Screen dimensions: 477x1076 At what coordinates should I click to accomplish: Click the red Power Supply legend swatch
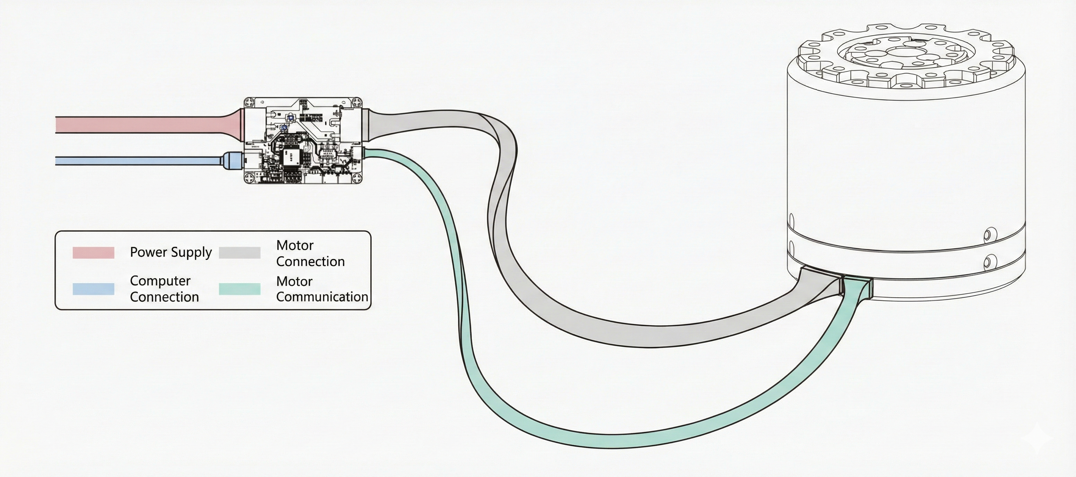[x=93, y=253]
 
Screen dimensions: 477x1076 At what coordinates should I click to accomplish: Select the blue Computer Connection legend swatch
[x=93, y=289]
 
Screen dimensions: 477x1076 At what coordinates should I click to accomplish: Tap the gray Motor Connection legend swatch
[x=239, y=253]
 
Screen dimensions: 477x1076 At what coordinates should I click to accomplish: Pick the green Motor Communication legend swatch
[x=239, y=289]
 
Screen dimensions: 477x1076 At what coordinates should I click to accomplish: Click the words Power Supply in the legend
[x=171, y=252]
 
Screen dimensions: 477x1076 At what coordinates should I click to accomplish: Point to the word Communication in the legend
[x=322, y=297]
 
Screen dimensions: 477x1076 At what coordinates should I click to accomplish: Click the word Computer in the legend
[x=160, y=281]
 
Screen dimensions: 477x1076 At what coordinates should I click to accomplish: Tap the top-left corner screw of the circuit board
[x=249, y=102]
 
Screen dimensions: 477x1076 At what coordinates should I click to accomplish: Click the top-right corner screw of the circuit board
[x=357, y=102]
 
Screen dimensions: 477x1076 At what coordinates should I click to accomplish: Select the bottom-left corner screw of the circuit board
[x=249, y=178]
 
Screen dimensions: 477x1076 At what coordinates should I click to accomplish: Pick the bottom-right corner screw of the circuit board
[x=357, y=178]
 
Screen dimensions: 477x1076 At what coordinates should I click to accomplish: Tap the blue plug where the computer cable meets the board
[x=231, y=161]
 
